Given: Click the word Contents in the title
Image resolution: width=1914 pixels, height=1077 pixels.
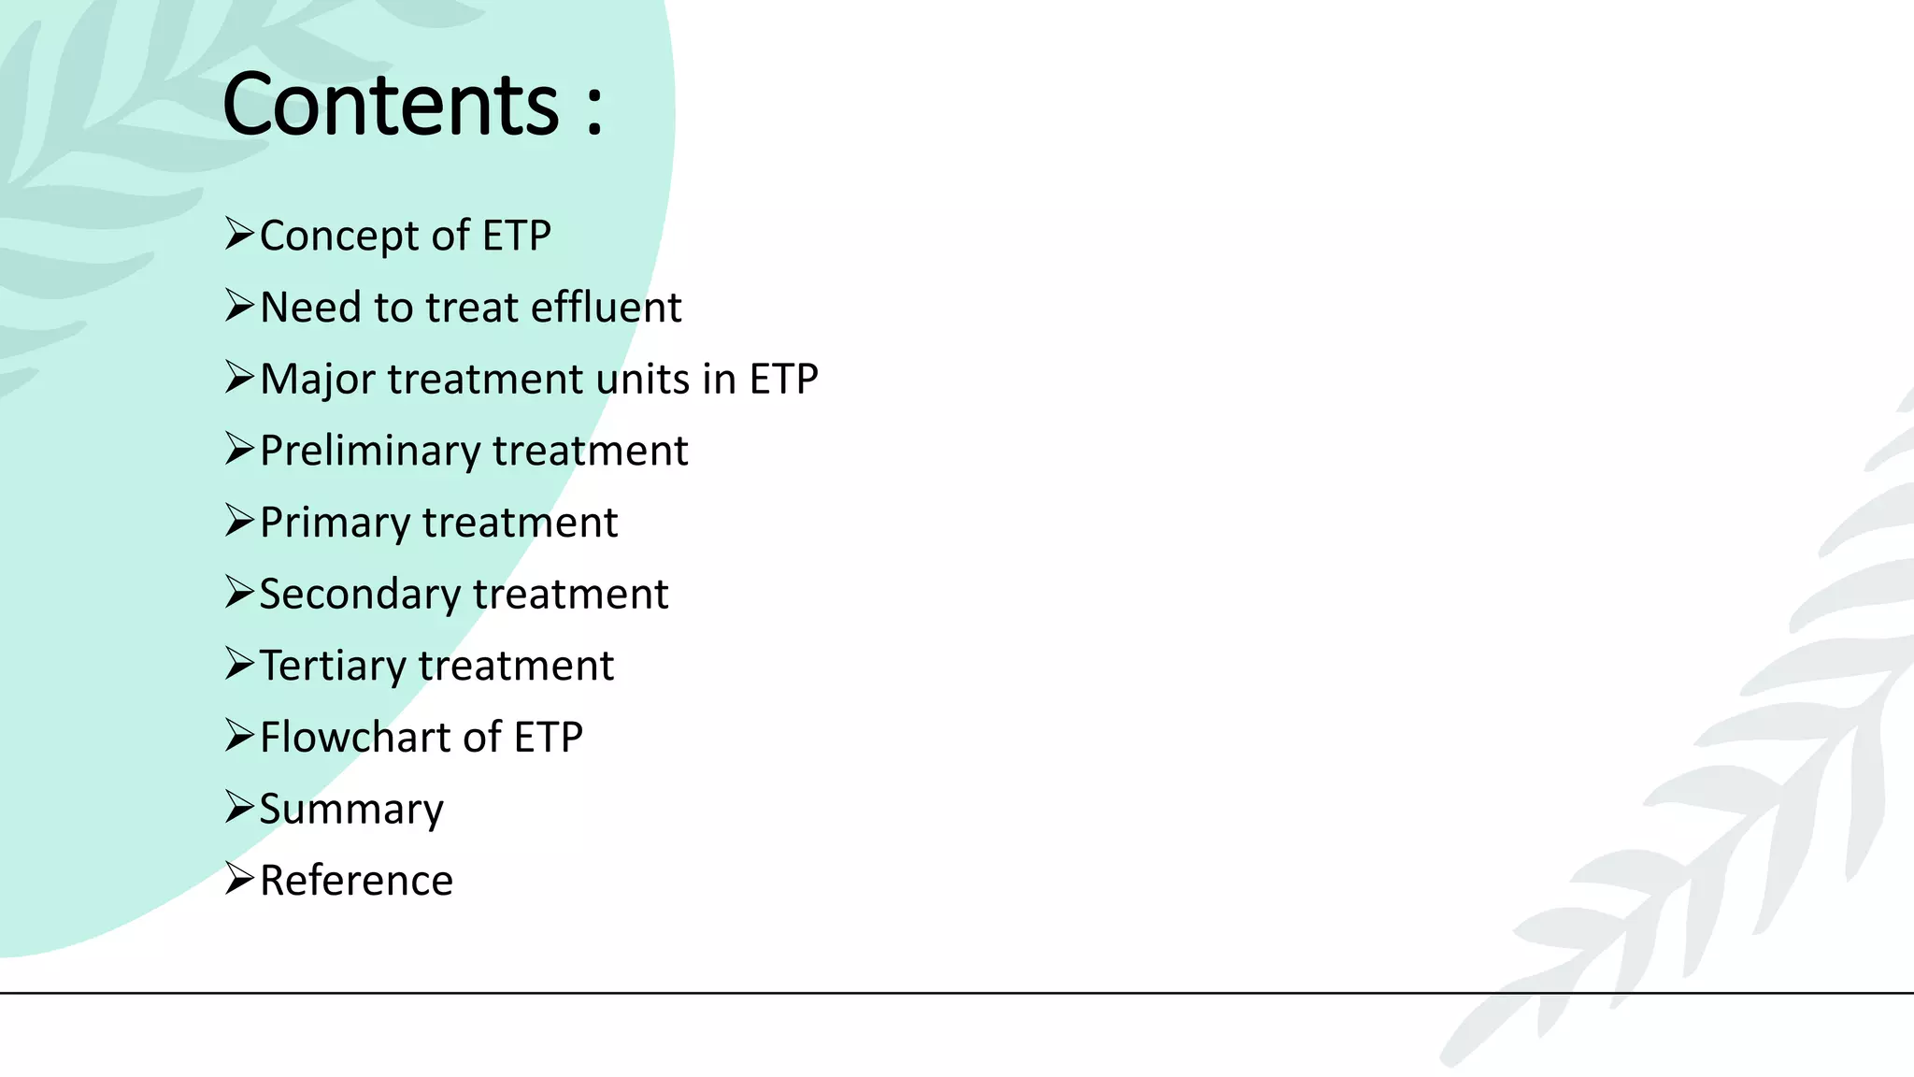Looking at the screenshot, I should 391,105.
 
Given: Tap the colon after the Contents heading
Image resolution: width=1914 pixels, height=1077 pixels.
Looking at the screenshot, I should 594,112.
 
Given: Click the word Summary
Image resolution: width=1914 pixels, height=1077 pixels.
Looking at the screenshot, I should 351,810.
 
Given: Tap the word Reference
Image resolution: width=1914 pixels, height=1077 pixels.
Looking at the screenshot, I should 356,881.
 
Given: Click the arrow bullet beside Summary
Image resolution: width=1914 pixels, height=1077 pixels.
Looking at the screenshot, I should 239,807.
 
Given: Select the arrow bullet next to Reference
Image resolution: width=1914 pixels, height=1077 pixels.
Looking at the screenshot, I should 239,879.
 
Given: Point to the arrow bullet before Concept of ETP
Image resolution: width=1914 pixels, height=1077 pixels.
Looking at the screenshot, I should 239,234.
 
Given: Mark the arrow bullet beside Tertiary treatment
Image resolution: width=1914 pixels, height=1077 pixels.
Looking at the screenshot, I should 239,664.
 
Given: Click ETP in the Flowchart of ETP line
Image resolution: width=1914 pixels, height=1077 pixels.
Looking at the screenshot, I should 548,738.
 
